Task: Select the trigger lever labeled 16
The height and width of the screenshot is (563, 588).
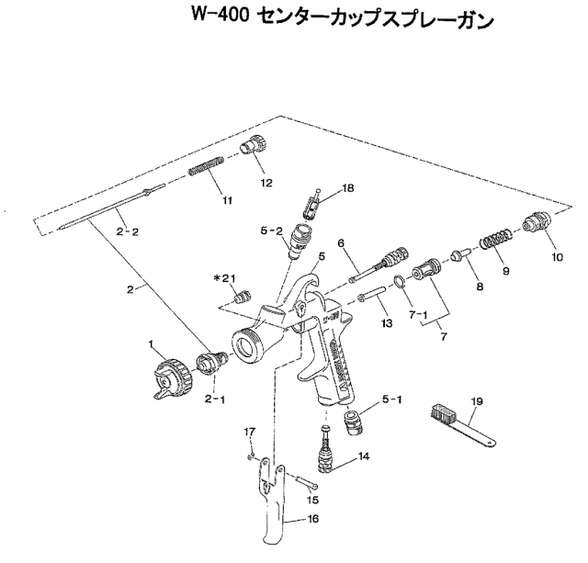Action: tap(273, 505)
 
